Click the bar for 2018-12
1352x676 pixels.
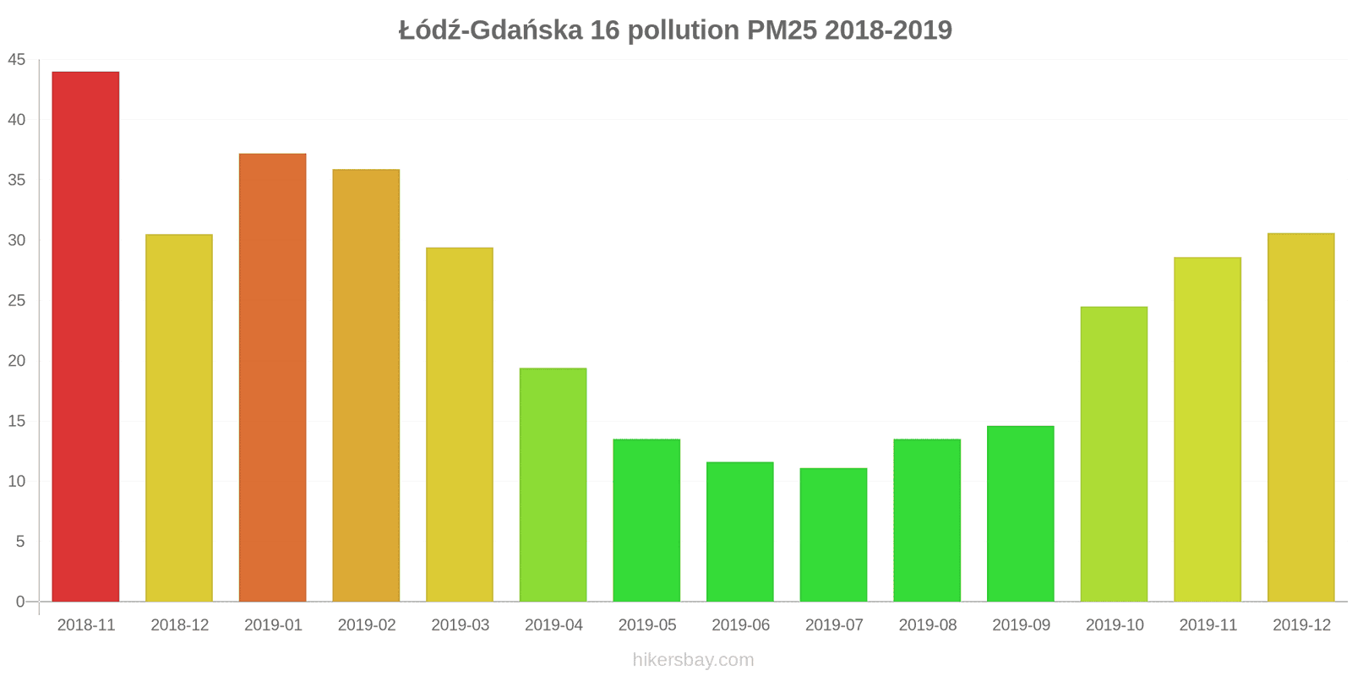(179, 417)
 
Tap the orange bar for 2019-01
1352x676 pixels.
(272, 377)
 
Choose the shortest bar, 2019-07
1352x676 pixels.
(833, 534)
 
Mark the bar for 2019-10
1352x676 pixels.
(1114, 454)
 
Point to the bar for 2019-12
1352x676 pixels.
(1300, 417)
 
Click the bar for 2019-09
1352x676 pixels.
(1020, 514)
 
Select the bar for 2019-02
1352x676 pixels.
(366, 385)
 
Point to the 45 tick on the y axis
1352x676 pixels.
(17, 60)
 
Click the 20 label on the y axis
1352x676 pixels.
(17, 361)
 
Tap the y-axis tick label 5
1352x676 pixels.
(20, 542)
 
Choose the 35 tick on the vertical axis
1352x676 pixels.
(17, 180)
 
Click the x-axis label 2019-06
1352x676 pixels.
(740, 625)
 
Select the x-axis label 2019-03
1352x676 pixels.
(460, 625)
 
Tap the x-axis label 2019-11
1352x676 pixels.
(1208, 625)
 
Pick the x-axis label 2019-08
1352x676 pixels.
(927, 625)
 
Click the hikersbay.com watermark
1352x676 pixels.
(693, 660)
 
